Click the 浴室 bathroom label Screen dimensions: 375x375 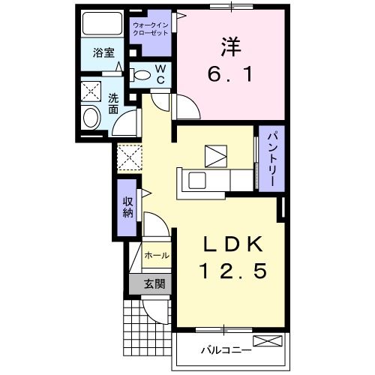(x=103, y=53)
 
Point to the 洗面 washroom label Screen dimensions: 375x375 (x=113, y=103)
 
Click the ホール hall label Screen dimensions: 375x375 (x=155, y=256)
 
